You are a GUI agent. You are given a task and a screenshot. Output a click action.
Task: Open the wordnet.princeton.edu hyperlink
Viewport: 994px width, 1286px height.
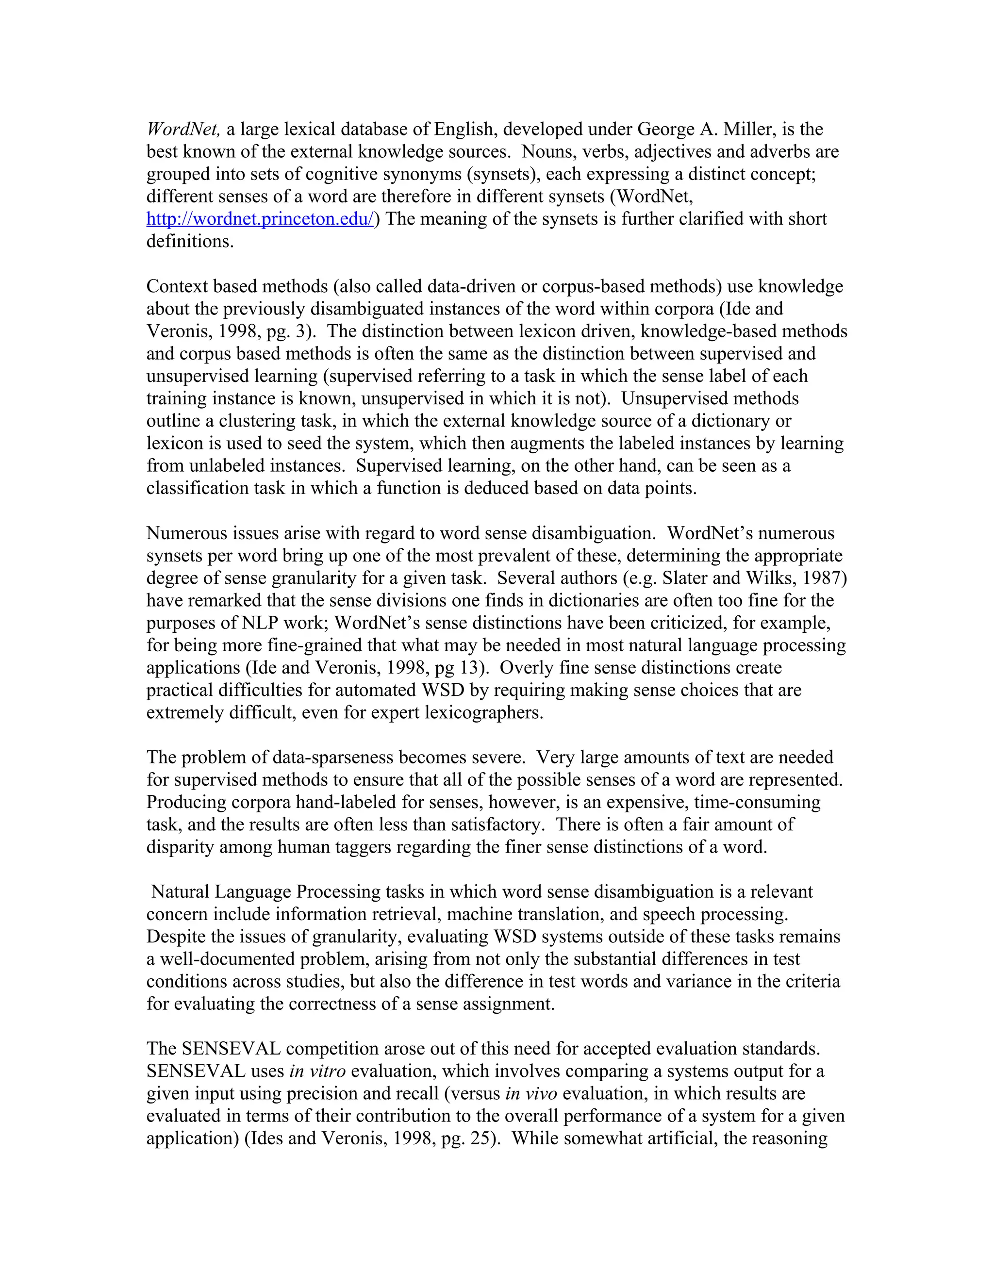260,219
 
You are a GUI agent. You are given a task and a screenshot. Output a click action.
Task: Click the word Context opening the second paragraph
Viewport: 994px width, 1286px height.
177,287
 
